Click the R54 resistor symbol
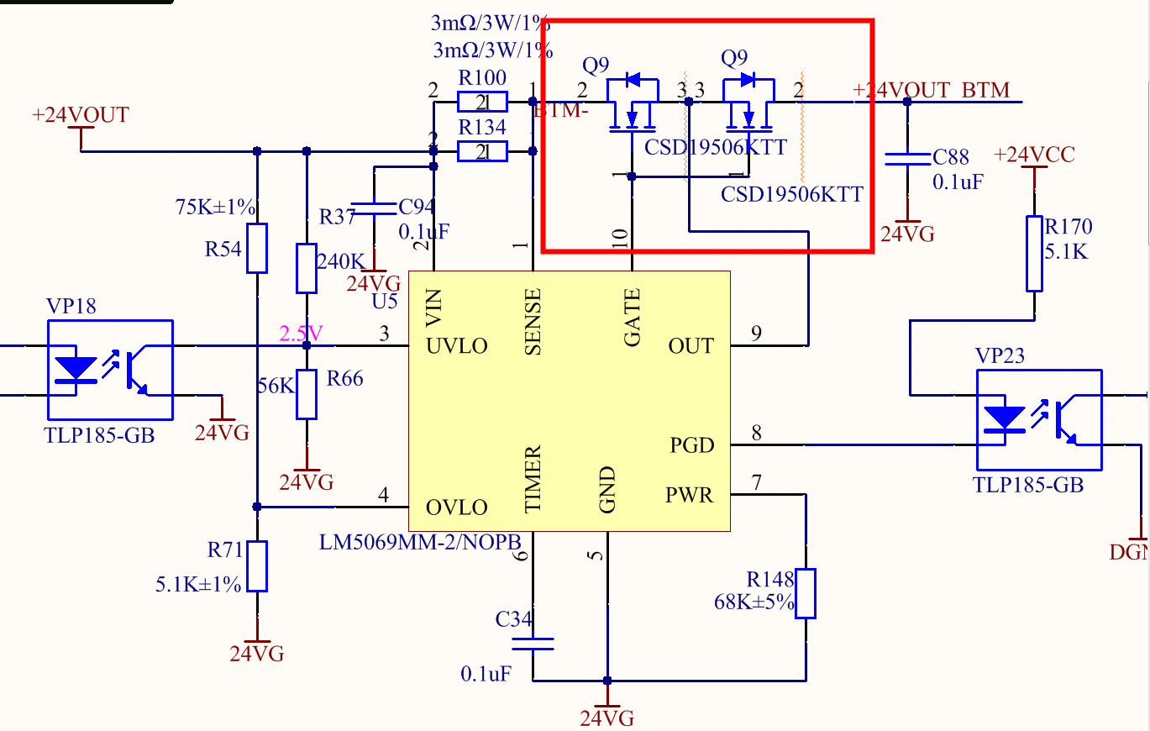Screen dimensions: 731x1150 [257, 248]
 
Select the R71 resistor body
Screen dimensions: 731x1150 [257, 566]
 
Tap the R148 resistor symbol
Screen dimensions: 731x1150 [806, 593]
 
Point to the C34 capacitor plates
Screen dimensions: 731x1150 [533, 644]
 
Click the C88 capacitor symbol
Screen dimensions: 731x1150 [907, 158]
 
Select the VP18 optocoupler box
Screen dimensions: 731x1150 [111, 370]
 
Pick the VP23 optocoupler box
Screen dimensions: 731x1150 [1038, 419]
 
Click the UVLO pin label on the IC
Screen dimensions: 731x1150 [457, 346]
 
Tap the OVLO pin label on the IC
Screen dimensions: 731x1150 [457, 507]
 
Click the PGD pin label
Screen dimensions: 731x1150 [691, 444]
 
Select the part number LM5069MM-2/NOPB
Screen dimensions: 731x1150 [420, 541]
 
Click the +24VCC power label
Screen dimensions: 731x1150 [1034, 155]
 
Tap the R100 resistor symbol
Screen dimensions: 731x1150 [482, 103]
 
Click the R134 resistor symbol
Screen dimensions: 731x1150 [482, 151]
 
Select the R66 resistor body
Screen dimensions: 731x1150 [307, 395]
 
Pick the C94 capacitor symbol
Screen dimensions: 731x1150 [375, 207]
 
